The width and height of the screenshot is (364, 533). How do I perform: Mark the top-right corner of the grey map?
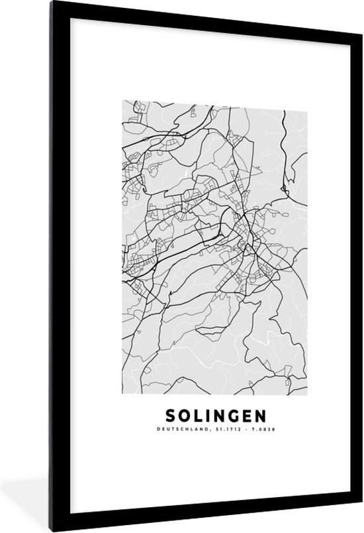pyautogui.click(x=306, y=100)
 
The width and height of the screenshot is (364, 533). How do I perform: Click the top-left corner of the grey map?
pyautogui.click(x=122, y=100)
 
